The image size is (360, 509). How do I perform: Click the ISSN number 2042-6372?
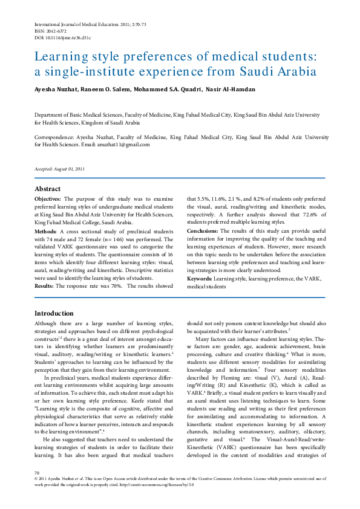pyautogui.click(x=50, y=30)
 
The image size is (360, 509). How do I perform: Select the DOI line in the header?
pyautogui.click(x=62, y=37)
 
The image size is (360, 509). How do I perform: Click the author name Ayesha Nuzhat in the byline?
pyautogui.click(x=54, y=89)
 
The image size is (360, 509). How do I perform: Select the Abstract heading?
pyautogui.click(x=47, y=189)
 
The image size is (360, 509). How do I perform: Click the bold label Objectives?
pyautogui.click(x=48, y=199)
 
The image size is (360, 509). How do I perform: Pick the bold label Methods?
pyautogui.click(x=45, y=231)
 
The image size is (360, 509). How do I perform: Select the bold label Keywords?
pyautogui.click(x=199, y=279)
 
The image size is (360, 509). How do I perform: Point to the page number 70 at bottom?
pyautogui.click(x=37, y=489)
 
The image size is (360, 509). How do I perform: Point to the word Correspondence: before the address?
pyautogui.click(x=54, y=137)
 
